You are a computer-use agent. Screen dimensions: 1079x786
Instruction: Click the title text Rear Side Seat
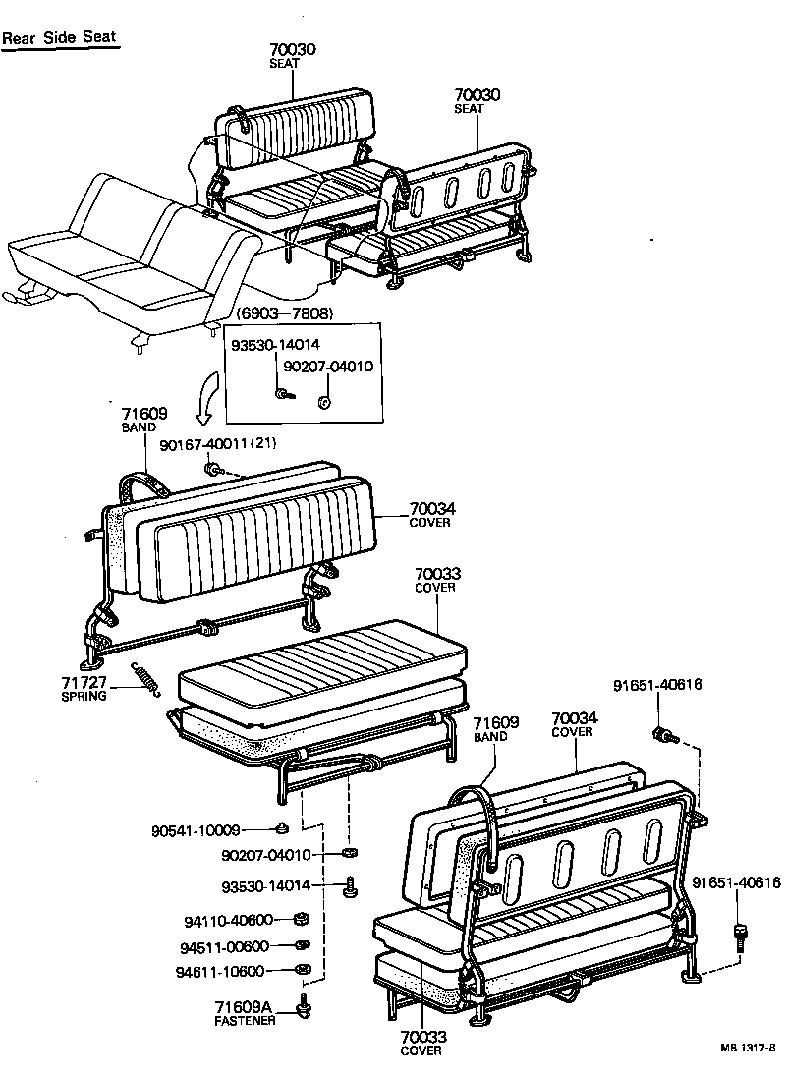pos(59,38)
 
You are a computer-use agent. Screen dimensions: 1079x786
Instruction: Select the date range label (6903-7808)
pos(284,313)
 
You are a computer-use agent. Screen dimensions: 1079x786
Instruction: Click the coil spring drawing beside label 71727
pos(145,678)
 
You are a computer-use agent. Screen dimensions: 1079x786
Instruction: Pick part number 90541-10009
pos(196,830)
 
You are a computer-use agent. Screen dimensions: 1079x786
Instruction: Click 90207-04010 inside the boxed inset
pos(328,367)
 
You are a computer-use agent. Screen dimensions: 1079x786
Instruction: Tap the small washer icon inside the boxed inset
pos(324,401)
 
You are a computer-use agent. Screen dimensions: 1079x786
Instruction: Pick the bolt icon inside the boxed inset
pos(283,394)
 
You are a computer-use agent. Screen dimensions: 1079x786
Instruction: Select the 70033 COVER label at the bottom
pos(421,1042)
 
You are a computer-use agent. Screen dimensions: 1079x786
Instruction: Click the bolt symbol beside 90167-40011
pos(211,467)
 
